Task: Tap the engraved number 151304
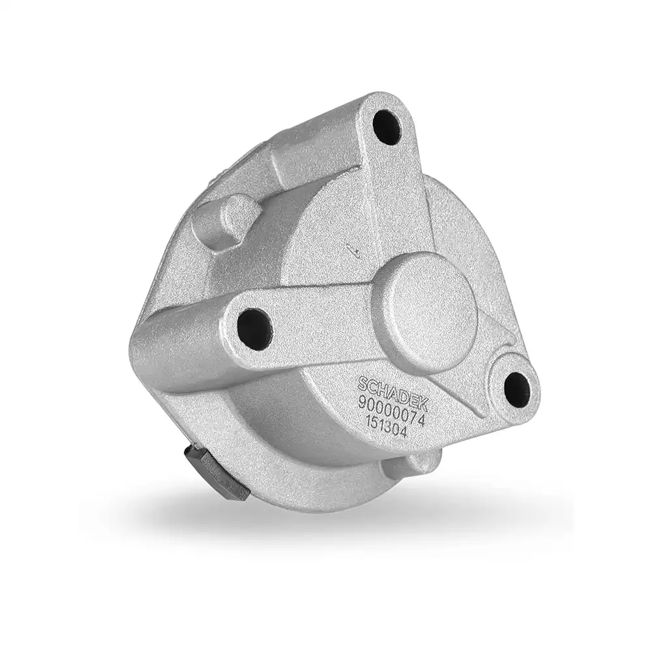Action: pos(385,427)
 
